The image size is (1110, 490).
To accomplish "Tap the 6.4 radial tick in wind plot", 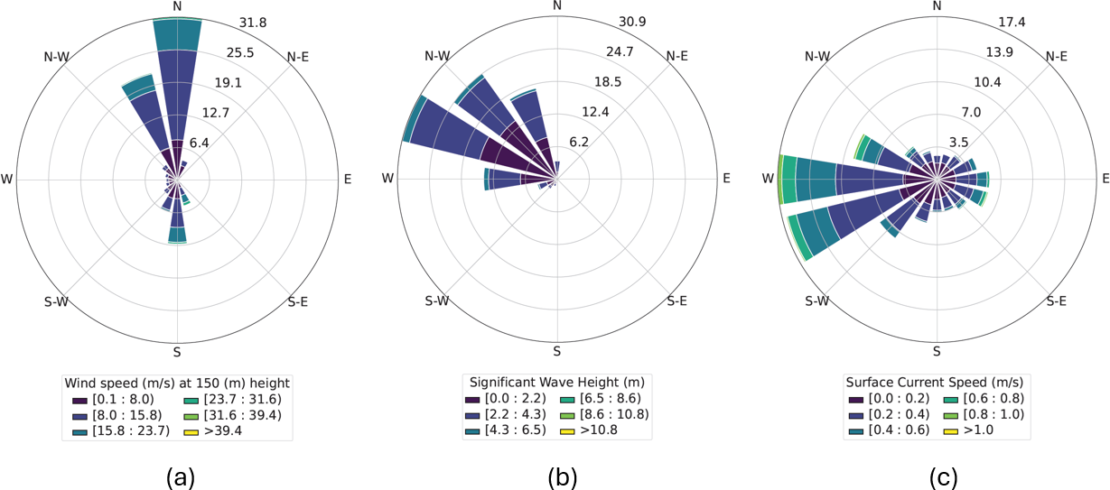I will click(198, 142).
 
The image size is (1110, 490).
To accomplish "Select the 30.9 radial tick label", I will click(602, 22).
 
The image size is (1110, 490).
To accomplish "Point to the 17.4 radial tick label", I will click(983, 22).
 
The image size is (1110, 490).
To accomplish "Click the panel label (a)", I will click(178, 476).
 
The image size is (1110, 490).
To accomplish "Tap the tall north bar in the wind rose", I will click(177, 81).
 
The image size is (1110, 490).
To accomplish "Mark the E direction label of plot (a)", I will click(347, 180).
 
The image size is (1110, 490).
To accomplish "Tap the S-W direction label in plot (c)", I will click(816, 300).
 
